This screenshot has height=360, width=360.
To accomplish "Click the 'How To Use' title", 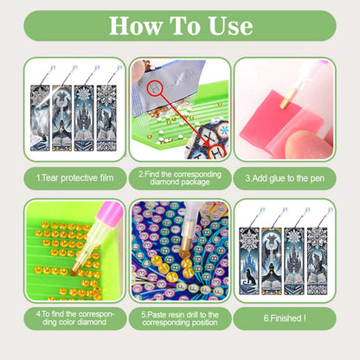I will [180, 26].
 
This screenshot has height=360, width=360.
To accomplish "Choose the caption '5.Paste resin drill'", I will [180, 318].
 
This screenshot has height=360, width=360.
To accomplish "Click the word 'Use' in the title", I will [227, 26].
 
